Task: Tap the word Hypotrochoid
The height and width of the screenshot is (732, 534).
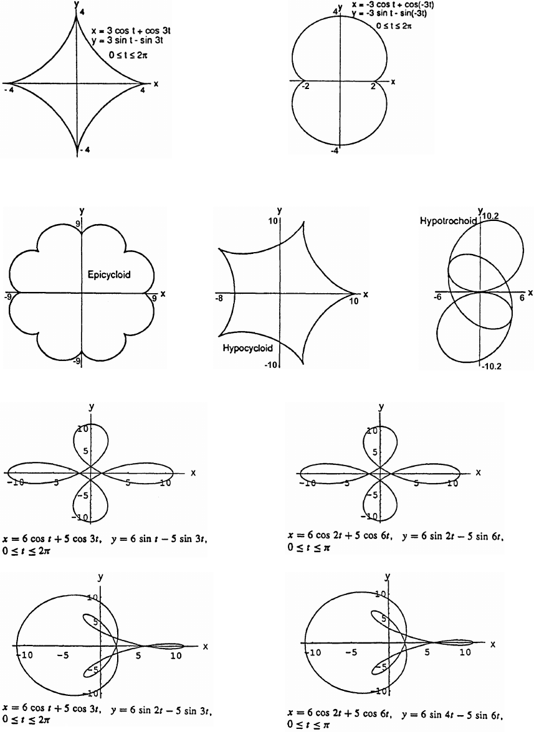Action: click(x=449, y=220)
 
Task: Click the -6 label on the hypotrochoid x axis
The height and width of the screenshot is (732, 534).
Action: click(x=438, y=298)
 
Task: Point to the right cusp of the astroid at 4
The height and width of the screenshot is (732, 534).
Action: click(x=150, y=83)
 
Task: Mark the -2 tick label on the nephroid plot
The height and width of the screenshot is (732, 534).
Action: click(x=305, y=88)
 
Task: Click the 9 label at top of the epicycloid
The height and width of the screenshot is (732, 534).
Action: click(x=77, y=223)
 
